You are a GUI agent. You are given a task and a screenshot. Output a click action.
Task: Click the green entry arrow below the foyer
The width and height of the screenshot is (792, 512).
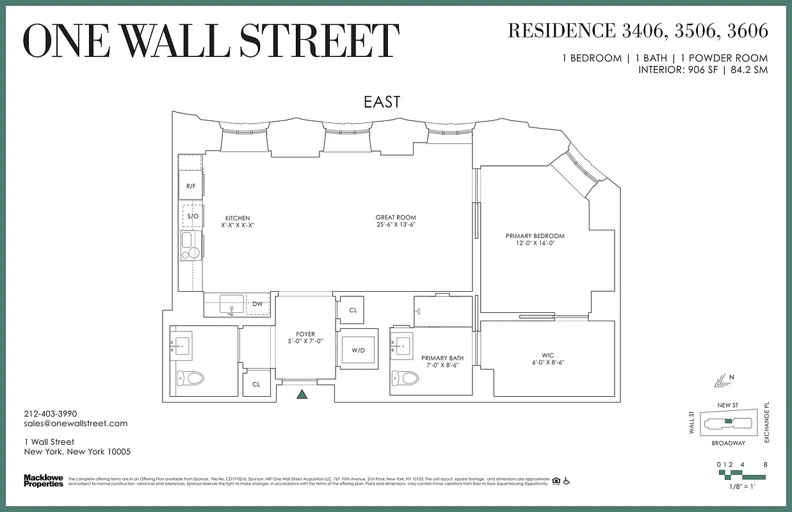pos(302,395)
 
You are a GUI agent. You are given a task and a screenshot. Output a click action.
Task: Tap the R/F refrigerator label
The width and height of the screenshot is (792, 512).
pos(191,186)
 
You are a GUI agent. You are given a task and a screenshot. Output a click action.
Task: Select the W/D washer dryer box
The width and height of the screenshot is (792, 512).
pos(359,350)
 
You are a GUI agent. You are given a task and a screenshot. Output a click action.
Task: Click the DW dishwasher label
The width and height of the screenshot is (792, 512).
pos(257,304)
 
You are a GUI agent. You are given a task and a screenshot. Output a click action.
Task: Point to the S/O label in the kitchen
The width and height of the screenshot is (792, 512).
pos(192,216)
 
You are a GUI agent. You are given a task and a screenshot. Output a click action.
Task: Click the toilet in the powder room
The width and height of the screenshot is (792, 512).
pos(191,378)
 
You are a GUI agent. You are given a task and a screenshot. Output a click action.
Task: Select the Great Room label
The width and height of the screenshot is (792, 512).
pos(396,218)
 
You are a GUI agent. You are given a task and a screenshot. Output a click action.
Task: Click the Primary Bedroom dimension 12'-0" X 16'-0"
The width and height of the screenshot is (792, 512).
pos(535,244)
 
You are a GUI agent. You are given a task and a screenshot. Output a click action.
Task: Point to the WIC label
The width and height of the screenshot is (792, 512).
pos(547,355)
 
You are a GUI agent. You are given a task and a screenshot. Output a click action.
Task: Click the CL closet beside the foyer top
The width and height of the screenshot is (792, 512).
pos(353,310)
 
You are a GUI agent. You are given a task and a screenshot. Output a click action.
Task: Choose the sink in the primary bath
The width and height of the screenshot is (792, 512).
pos(403,344)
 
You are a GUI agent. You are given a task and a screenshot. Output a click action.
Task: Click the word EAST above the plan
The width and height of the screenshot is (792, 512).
pos(382,102)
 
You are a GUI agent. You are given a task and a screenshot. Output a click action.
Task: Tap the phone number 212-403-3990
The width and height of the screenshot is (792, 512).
pos(50,413)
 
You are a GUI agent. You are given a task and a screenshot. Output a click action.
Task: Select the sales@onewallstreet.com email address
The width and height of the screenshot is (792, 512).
pos(76,423)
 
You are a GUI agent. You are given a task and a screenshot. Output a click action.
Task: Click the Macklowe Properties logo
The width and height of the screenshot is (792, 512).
pos(43,480)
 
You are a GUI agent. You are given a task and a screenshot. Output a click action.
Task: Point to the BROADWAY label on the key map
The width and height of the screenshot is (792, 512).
pos(728,443)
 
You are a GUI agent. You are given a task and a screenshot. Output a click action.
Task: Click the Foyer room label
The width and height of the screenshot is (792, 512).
pos(305,334)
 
